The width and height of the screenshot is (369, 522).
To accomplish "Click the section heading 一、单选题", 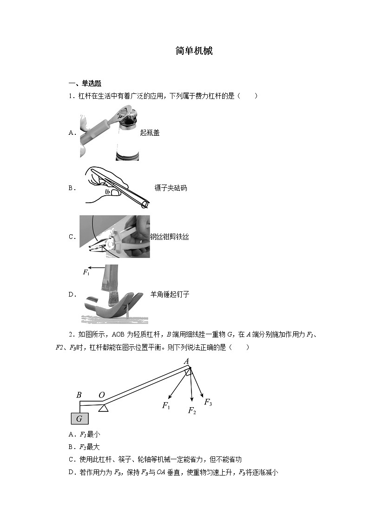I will pyautogui.click(x=85, y=84).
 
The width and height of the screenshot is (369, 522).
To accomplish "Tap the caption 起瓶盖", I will pyautogui.click(x=150, y=132).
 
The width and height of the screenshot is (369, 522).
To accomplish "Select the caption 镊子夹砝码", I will pyautogui.click(x=171, y=188).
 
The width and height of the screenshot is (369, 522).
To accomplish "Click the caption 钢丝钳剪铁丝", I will pyautogui.click(x=169, y=237).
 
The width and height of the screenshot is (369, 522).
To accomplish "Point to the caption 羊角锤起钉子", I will pyautogui.click(x=170, y=294).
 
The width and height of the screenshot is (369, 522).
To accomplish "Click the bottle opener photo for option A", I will pyautogui.click(x=109, y=132).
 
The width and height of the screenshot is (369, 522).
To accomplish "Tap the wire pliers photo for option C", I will pyautogui.click(x=114, y=237).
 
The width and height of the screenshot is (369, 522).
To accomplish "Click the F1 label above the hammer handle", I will pyautogui.click(x=86, y=272).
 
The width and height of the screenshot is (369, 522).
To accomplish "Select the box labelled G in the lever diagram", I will pyautogui.click(x=79, y=419).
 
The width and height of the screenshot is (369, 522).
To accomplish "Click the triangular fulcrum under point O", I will pyautogui.click(x=103, y=408).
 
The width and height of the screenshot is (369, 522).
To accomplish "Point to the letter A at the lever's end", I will pyautogui.click(x=186, y=362).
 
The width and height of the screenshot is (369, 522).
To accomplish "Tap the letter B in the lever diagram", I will pyautogui.click(x=79, y=395).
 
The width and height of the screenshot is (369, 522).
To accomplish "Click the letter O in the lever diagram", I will pyautogui.click(x=101, y=395).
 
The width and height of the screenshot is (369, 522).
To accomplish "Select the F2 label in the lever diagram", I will pyautogui.click(x=192, y=410).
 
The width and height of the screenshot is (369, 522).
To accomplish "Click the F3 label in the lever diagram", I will pyautogui.click(x=208, y=403).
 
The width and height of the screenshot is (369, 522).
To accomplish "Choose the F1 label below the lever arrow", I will pyautogui.click(x=166, y=406).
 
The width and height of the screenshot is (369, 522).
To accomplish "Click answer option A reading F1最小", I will pyautogui.click(x=84, y=435).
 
